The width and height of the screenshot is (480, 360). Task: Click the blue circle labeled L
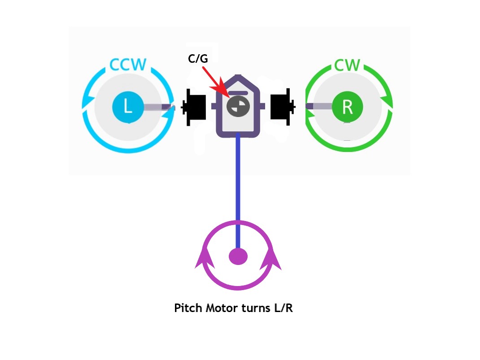click(x=128, y=107)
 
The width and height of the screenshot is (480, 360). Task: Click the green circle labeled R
click(x=348, y=107)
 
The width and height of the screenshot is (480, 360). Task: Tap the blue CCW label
click(x=128, y=65)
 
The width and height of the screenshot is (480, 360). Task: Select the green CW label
click(x=347, y=65)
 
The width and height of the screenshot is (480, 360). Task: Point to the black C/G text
click(x=198, y=58)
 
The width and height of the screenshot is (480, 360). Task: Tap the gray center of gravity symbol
click(x=238, y=106)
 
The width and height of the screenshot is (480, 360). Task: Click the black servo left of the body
click(x=194, y=107)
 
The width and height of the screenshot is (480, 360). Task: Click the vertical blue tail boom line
click(x=238, y=191)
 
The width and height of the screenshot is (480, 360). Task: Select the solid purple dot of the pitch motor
click(x=238, y=256)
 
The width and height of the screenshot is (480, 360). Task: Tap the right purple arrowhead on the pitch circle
click(x=271, y=259)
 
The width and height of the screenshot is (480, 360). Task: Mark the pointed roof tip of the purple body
click(x=238, y=75)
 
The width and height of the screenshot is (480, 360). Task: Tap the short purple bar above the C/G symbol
click(x=238, y=93)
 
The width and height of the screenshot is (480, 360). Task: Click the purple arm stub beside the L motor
click(x=159, y=107)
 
